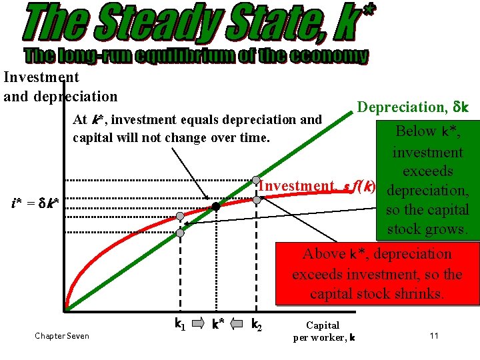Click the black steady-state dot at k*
[x=216, y=207]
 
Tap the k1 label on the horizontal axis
[x=179, y=325]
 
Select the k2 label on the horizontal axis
[x=255, y=325]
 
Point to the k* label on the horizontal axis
[x=217, y=325]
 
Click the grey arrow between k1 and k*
[x=198, y=325]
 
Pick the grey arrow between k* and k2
[x=236, y=325]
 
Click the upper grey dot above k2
[x=256, y=181]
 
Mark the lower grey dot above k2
[x=256, y=199]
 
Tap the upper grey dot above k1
[x=180, y=217]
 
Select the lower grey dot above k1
[x=180, y=233]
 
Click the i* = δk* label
[x=34, y=201]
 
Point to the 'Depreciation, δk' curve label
[x=413, y=107]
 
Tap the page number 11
[x=434, y=335]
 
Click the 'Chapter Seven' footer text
[x=62, y=336]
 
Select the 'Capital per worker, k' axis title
[x=324, y=331]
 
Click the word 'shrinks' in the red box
[x=419, y=293]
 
